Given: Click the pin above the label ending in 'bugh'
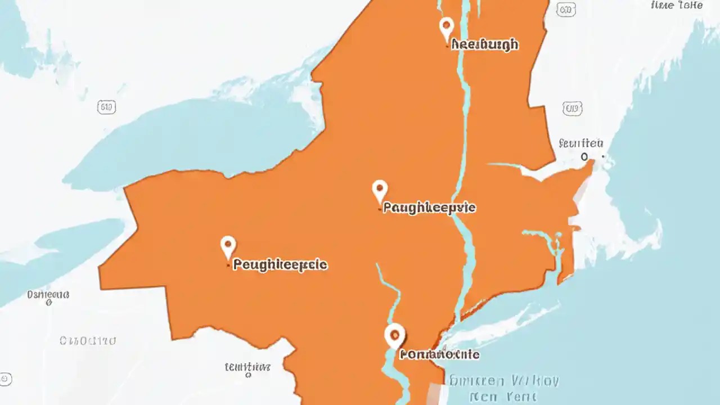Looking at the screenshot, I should coord(446,26).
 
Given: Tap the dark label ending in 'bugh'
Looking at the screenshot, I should coord(484,45).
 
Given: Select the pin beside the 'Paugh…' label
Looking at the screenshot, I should coord(380,190).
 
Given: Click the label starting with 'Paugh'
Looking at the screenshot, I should coord(429,208).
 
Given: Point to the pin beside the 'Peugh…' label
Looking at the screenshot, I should coord(227,246).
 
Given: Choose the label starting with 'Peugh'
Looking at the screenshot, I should coord(280,264).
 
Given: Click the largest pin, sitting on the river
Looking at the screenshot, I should coord(394,335).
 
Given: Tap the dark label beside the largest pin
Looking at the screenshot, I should coord(439,354).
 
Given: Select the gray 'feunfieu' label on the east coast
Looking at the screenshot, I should coord(581,143).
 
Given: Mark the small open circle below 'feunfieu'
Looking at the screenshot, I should coord(584,157).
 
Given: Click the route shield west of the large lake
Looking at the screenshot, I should coord(106,107).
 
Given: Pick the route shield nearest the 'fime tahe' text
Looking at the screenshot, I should coord(566,9).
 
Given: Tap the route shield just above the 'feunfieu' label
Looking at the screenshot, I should coord(572,109).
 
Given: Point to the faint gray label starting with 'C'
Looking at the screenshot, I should coord(88,340).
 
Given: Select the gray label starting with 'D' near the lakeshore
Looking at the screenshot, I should coord(48,294).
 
